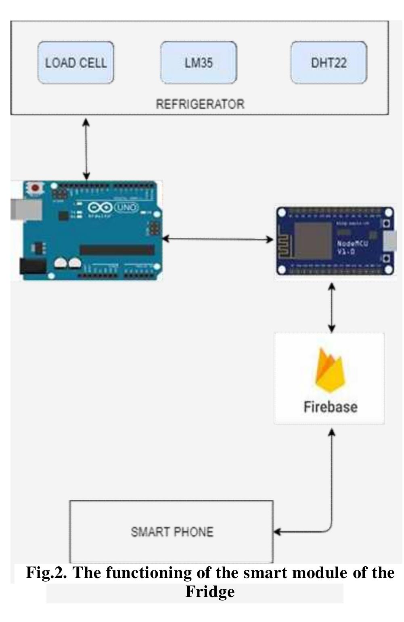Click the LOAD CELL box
(76, 63)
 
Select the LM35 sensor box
(199, 63)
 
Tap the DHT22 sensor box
(329, 63)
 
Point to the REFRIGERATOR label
(200, 104)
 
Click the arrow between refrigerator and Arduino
(86, 148)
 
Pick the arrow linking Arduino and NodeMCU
(218, 239)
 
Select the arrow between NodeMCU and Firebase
(332, 307)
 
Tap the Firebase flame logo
(330, 370)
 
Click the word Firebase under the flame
(330, 406)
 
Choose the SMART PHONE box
(172, 532)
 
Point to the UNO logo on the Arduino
(126, 207)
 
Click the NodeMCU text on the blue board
(352, 244)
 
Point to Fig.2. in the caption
(46, 573)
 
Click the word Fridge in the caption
(210, 592)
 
